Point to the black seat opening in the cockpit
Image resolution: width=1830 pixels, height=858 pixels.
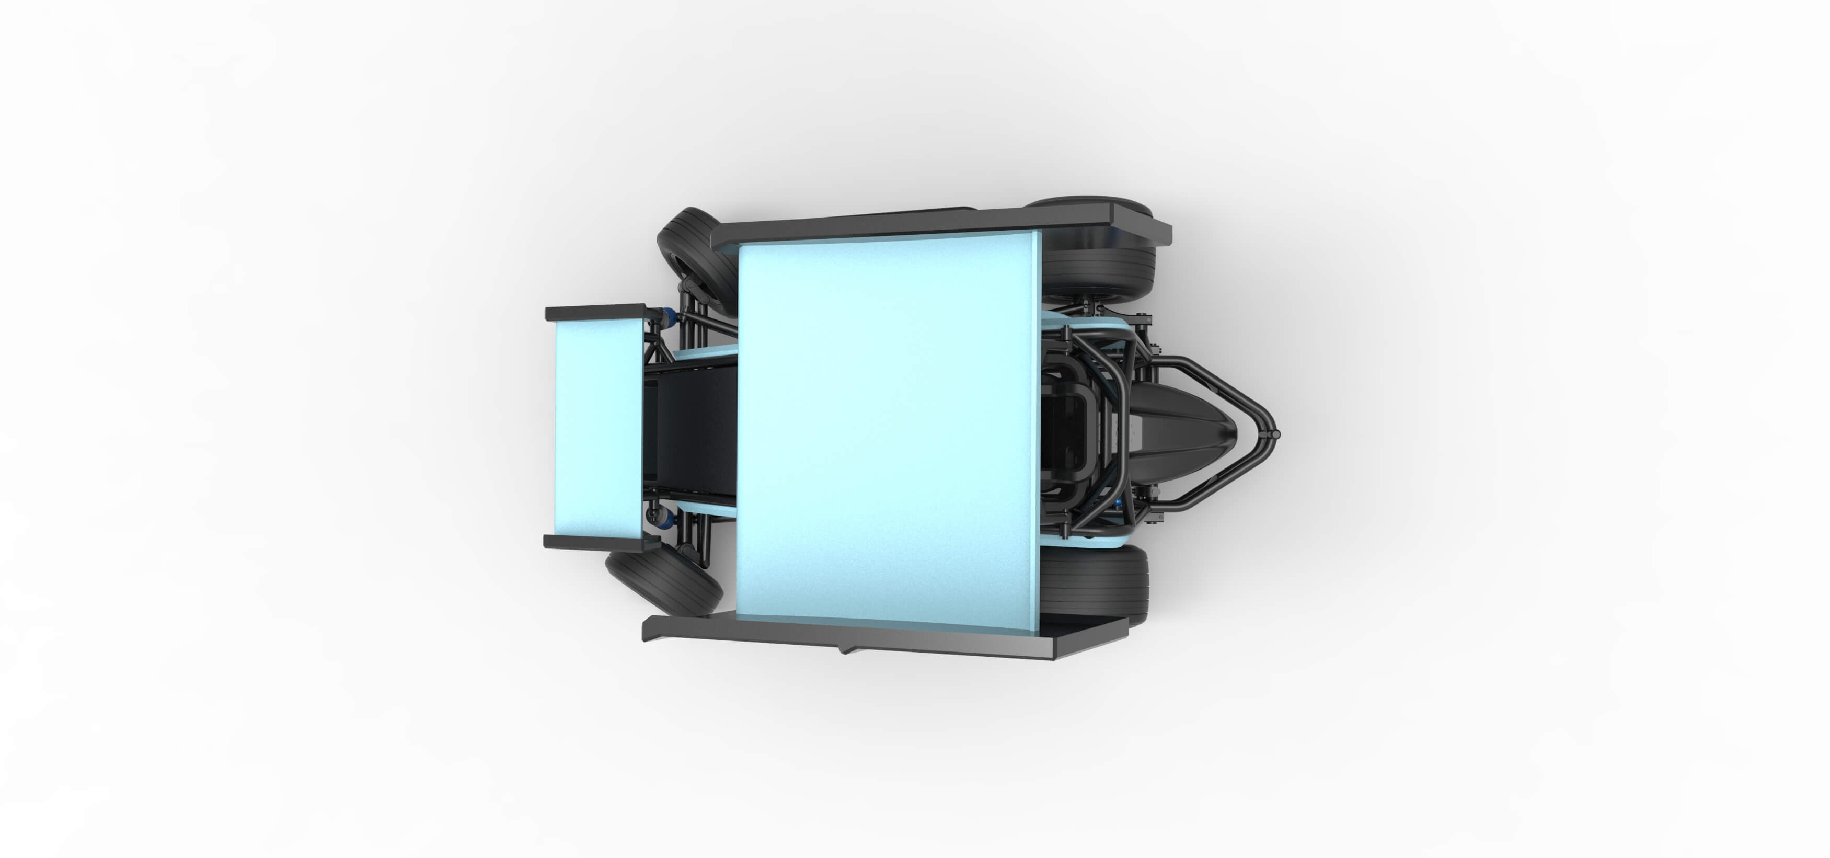[x=1066, y=433]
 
